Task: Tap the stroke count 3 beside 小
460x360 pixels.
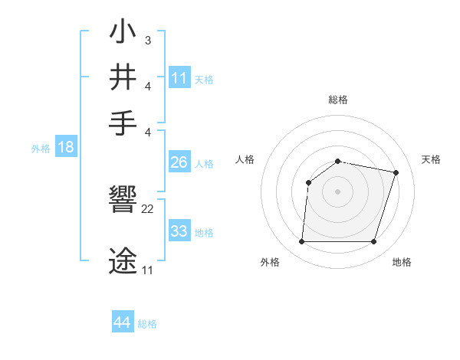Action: [x=147, y=40]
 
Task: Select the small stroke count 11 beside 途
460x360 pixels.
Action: [x=148, y=270]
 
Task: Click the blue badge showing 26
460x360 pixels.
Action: [x=179, y=162]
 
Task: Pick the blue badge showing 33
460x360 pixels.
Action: [x=179, y=231]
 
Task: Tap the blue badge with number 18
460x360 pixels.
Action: [x=65, y=148]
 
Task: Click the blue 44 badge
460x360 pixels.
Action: [x=122, y=322]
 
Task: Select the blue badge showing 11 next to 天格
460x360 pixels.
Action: [x=179, y=78]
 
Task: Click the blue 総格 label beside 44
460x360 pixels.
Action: [x=147, y=324]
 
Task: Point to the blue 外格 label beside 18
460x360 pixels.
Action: [x=41, y=149]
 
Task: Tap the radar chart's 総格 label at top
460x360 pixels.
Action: [x=338, y=100]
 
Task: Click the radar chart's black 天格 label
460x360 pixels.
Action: [x=431, y=159]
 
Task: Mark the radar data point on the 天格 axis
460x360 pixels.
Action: [x=396, y=172]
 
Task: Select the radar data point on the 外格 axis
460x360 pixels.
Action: [x=301, y=242]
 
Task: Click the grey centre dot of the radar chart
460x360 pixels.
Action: [x=338, y=191]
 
